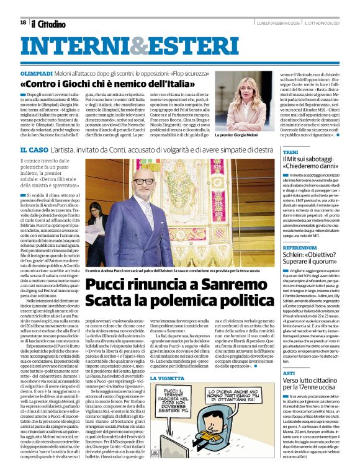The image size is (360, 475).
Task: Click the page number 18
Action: [23, 23]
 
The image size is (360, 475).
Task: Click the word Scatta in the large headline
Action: [109, 301]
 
